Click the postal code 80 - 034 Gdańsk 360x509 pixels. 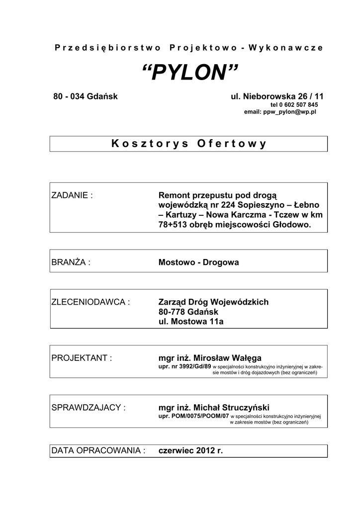coord(86,96)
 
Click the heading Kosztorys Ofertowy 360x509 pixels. coord(189,144)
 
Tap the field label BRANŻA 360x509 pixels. coord(71,262)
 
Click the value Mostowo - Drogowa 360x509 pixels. coord(198,262)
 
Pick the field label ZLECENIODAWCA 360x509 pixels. coord(90,302)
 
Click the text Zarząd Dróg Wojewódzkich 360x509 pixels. coord(213,302)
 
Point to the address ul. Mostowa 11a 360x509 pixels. coord(191,322)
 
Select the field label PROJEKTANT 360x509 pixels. coord(82,358)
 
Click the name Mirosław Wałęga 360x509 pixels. coord(227,358)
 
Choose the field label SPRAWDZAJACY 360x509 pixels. coord(89,408)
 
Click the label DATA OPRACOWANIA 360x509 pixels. coord(98,451)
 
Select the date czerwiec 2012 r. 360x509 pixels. coord(190,451)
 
